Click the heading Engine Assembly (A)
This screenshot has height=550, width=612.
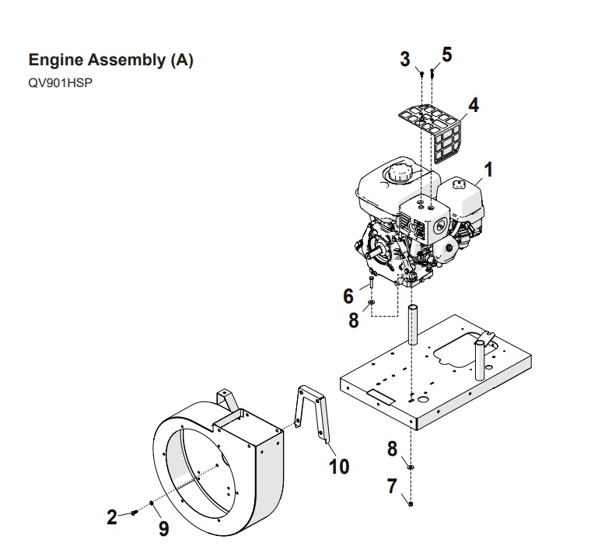tap(111, 60)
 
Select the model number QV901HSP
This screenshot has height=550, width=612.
tap(61, 83)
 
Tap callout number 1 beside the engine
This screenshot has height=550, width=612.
tap(488, 170)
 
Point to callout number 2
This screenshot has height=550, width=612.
tap(112, 517)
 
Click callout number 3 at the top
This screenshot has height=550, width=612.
tap(405, 59)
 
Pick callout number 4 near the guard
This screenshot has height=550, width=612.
tap(473, 105)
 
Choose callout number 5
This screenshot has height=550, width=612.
tap(447, 54)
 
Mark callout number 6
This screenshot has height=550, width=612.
tap(348, 296)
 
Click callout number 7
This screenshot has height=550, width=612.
tap(392, 486)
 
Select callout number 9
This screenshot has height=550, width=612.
tap(164, 529)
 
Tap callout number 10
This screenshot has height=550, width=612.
tap(339, 466)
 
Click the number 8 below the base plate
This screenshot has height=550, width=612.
tap(392, 449)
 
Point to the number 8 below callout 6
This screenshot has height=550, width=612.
tap(354, 321)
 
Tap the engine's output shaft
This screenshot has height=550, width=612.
tap(375, 253)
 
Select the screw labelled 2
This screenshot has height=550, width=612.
tap(134, 512)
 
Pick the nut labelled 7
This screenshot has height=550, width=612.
tap(411, 504)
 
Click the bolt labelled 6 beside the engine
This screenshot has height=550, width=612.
tap(371, 282)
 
